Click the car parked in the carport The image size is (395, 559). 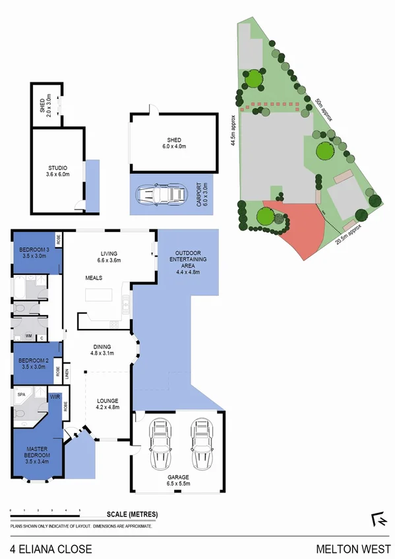(x=161, y=194)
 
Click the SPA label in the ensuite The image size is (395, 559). (x=21, y=395)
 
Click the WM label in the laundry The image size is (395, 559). (x=28, y=336)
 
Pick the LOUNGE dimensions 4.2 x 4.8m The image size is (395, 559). (x=107, y=407)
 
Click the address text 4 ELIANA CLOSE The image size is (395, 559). (x=51, y=548)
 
